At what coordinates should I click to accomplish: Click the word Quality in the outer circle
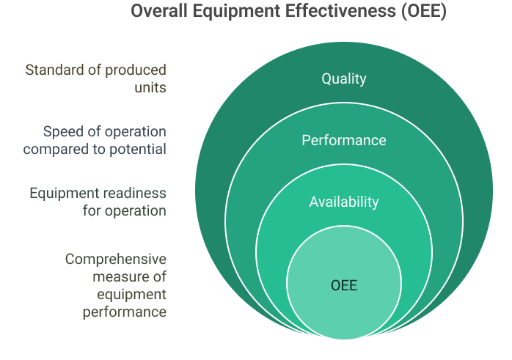click(343, 78)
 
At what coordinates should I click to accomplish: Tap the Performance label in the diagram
click(343, 140)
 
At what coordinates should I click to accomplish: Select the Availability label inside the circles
click(343, 202)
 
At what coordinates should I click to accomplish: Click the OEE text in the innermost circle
click(343, 284)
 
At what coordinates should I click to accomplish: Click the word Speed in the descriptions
click(60, 132)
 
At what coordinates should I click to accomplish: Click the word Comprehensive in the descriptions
click(116, 259)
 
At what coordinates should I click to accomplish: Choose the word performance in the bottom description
click(124, 312)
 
